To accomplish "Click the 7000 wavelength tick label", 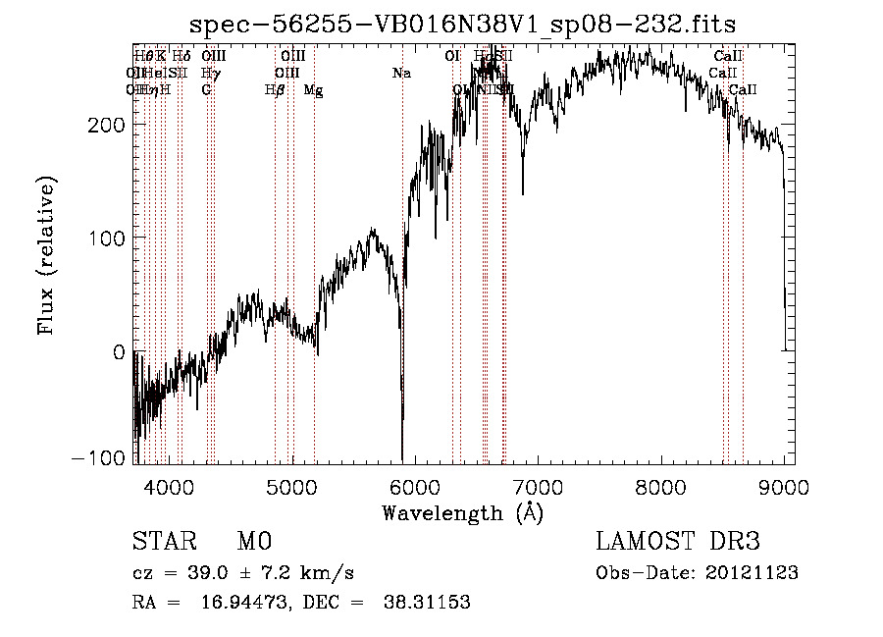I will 539,488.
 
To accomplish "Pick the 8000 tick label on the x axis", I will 661,488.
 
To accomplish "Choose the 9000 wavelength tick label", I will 784,488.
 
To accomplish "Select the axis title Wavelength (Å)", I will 462,512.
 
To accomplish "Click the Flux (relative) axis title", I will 47,255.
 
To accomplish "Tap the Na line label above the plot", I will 400,73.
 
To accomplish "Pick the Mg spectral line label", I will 313,90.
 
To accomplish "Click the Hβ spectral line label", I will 275,90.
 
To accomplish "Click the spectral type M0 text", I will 254,542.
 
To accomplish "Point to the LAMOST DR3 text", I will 677,542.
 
